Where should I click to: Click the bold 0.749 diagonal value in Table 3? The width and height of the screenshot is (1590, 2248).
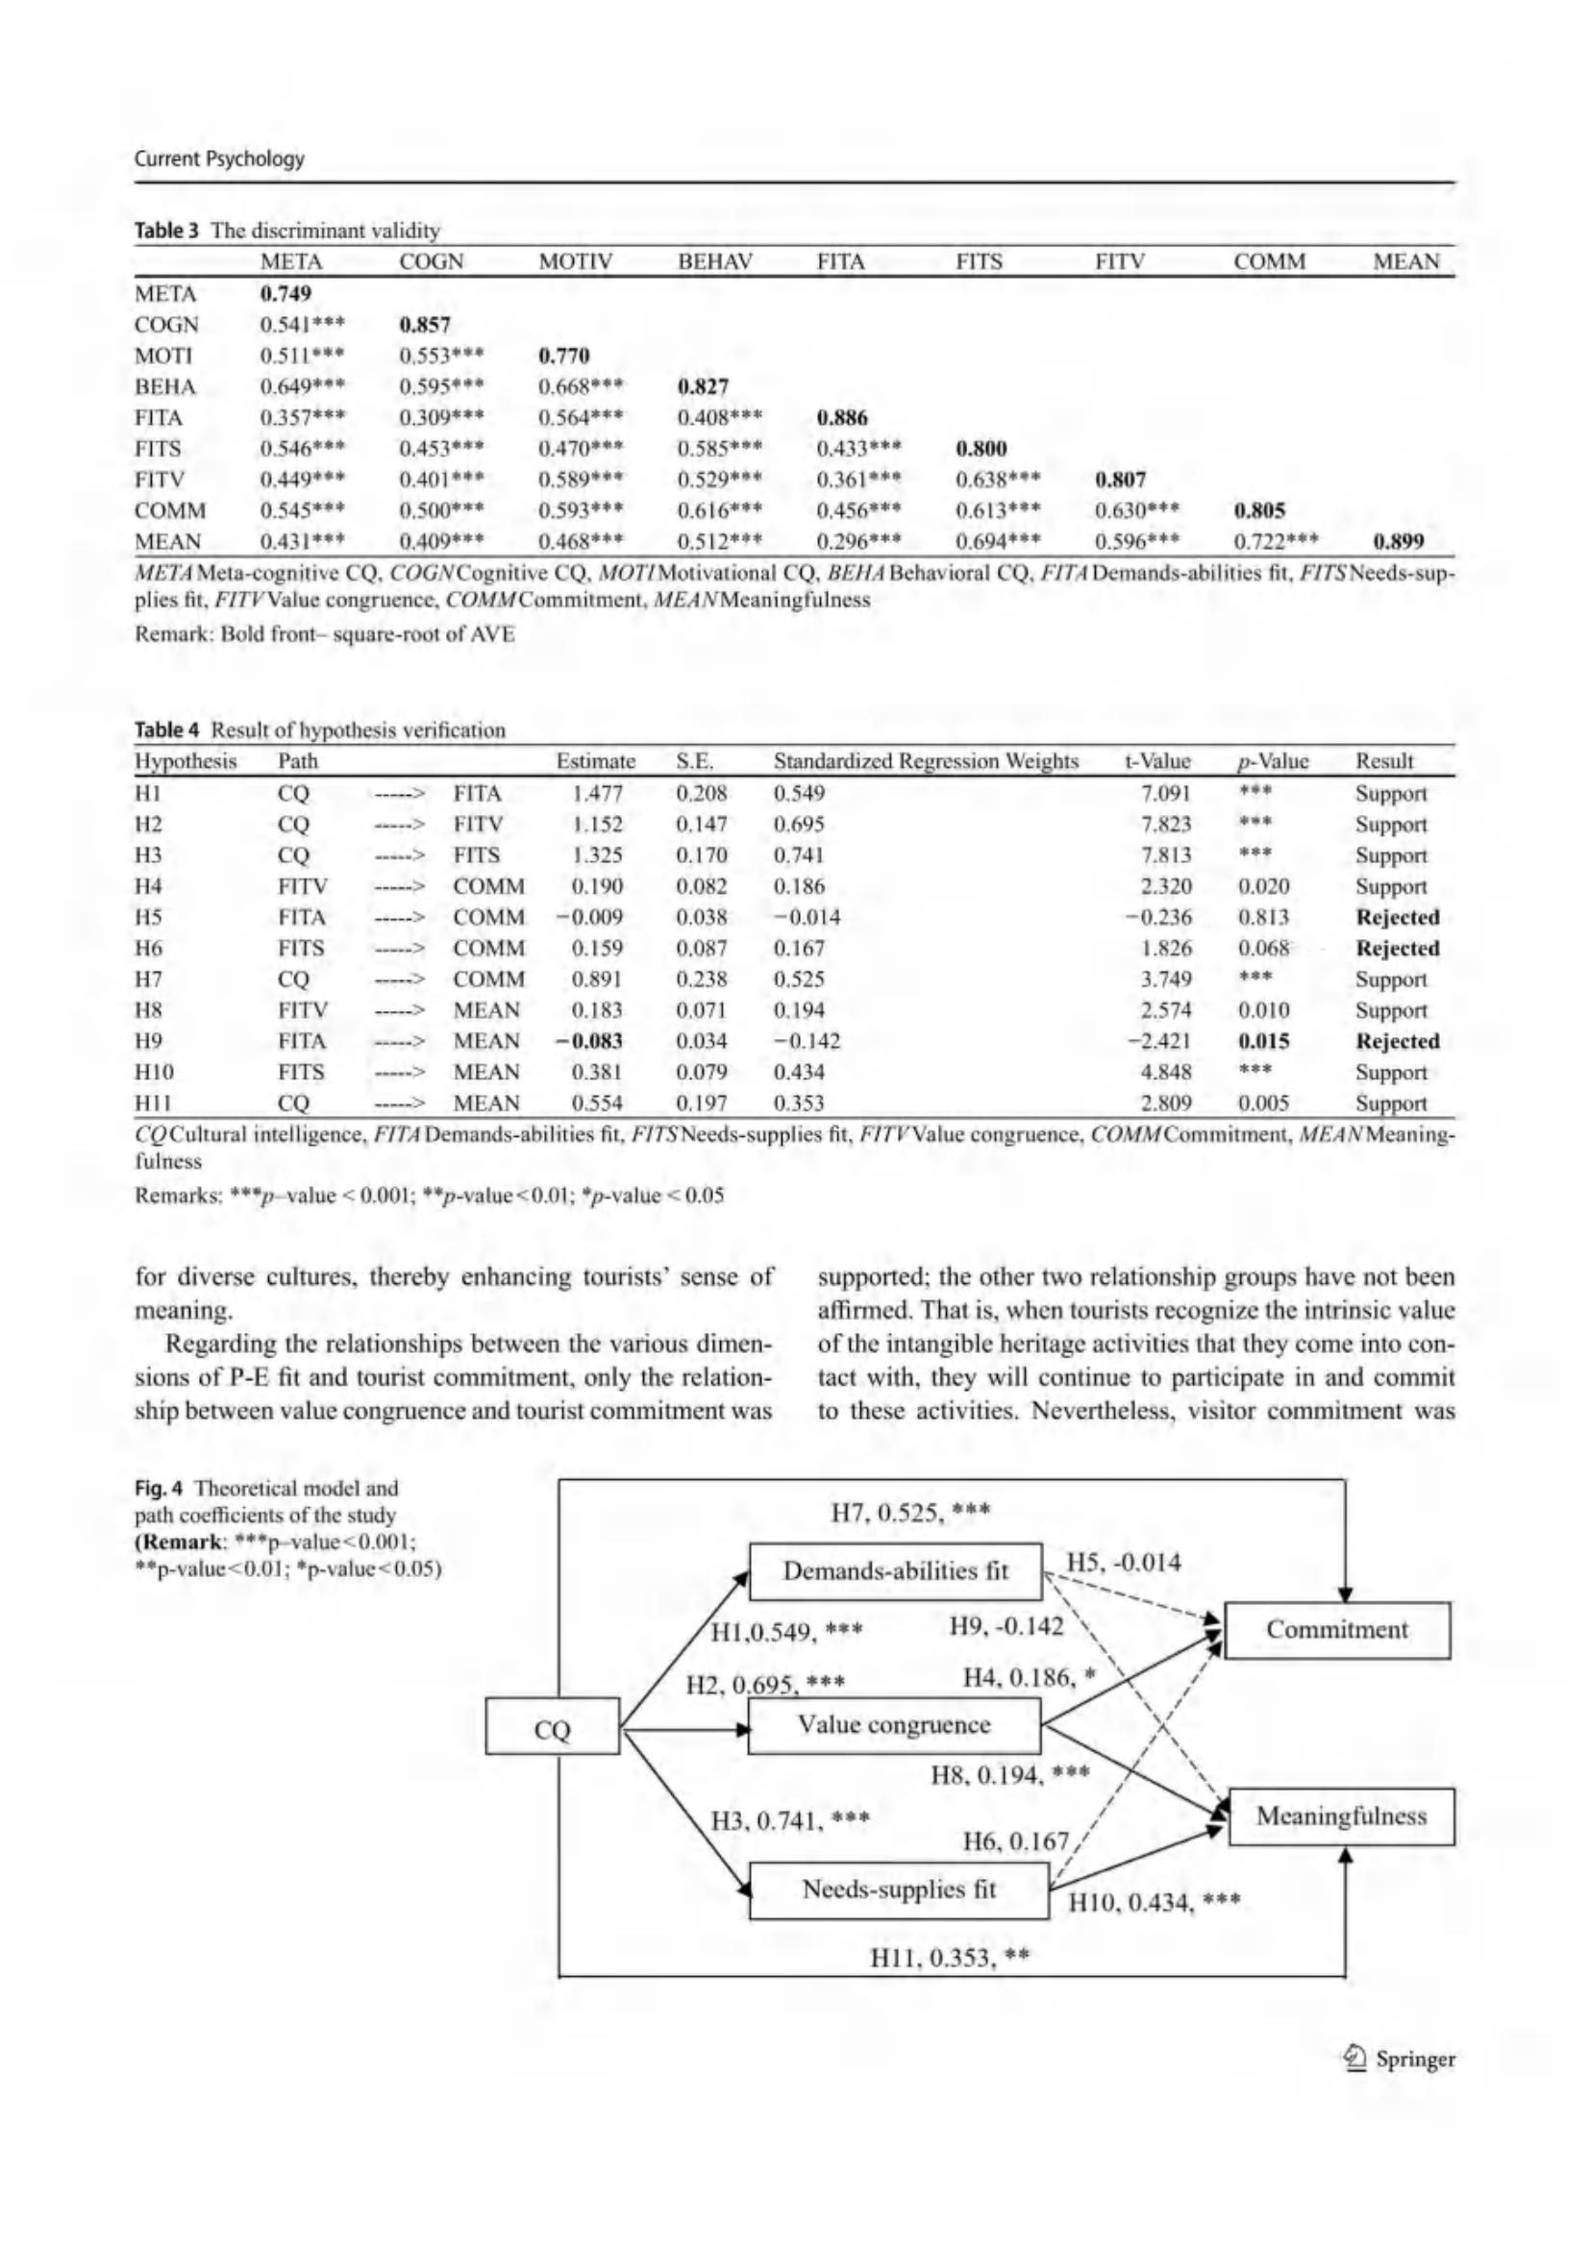coord(285,294)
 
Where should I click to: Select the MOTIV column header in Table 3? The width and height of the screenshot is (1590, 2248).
coord(576,262)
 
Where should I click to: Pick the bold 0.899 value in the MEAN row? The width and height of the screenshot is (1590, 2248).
coord(1397,541)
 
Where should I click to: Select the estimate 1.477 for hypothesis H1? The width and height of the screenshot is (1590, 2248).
coord(597,793)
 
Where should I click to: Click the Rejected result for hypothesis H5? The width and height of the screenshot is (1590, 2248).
coord(1397,918)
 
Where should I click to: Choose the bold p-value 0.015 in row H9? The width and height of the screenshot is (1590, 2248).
coord(1263,1041)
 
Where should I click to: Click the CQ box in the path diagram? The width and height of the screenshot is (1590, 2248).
coord(552,1730)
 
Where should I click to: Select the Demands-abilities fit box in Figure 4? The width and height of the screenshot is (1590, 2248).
coord(895,1571)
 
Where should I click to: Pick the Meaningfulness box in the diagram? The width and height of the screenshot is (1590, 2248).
coord(1340,1816)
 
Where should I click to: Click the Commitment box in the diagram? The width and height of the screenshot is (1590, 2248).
coord(1336,1630)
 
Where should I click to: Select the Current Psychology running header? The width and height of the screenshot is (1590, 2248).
coord(219,159)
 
